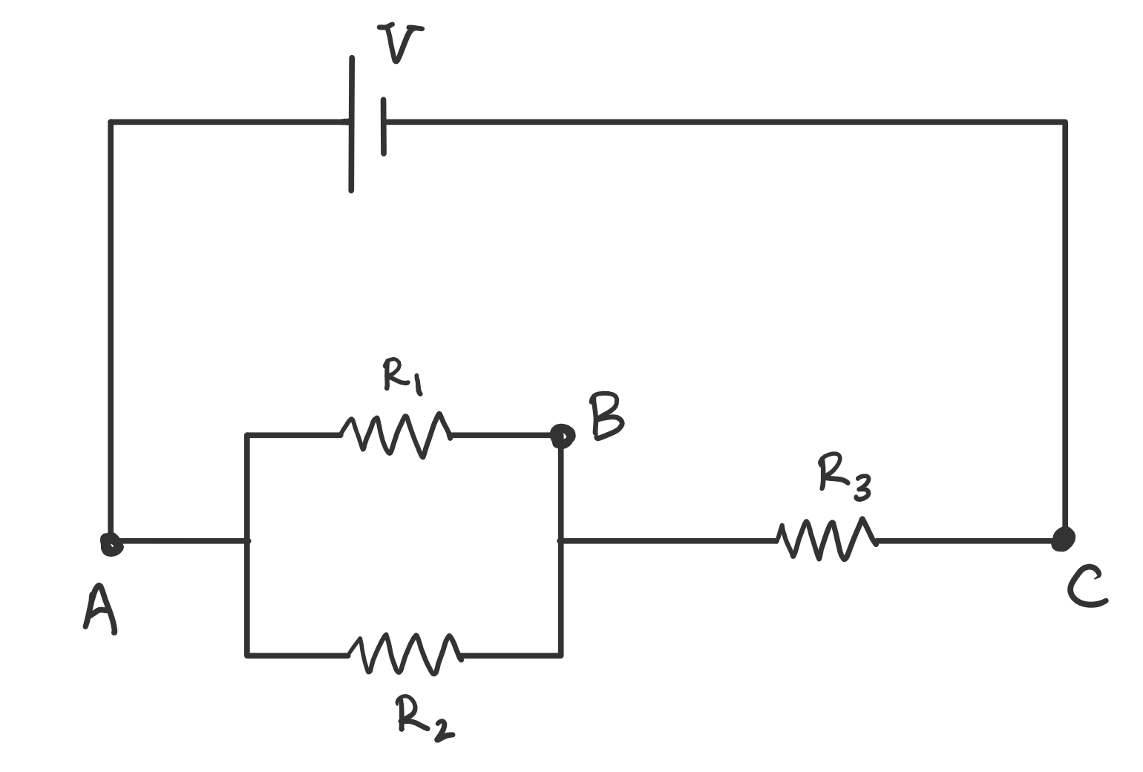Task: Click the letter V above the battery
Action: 400,44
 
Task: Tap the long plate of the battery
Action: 352,124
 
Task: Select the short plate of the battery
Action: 384,126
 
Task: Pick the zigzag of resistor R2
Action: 404,654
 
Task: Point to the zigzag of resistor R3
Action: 826,540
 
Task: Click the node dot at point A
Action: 111,544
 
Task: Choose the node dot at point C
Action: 1064,539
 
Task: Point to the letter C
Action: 1086,587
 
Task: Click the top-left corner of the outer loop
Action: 111,122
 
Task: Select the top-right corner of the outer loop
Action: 1064,122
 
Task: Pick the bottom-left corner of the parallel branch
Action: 247,655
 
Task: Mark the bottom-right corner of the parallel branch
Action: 560,655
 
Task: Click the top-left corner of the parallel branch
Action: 247,435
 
